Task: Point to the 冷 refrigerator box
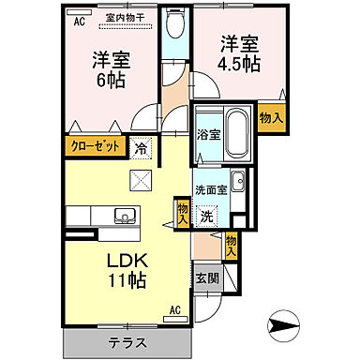(140, 147)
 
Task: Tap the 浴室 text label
(207, 135)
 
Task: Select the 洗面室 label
(211, 190)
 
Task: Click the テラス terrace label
(128, 341)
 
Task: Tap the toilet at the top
(174, 24)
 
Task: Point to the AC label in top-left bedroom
(79, 18)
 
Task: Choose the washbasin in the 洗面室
(239, 183)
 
